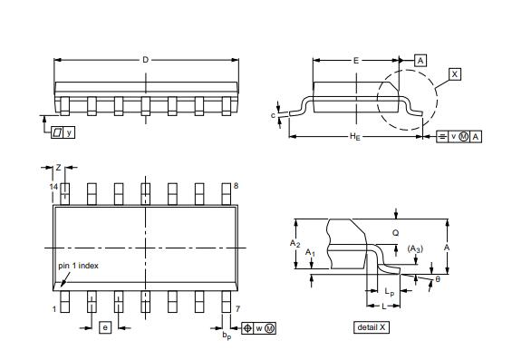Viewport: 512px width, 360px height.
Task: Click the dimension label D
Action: click(146, 60)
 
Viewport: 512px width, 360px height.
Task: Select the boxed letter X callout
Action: click(455, 74)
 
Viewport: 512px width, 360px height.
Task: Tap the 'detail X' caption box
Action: click(372, 327)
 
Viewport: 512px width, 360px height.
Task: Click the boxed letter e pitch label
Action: click(105, 327)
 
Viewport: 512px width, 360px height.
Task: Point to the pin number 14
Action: click(53, 186)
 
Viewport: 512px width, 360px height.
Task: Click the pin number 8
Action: click(236, 186)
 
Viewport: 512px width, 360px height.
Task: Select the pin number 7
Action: click(237, 308)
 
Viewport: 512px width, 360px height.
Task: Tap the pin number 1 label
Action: click(54, 309)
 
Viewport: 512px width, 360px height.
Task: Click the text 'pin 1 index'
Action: click(78, 266)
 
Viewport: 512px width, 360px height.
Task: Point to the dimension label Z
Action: click(58, 168)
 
